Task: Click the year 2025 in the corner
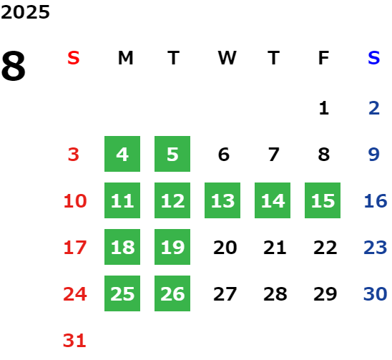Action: [25, 12]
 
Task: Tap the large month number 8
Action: [14, 66]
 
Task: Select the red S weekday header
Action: [74, 58]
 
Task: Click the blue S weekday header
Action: [374, 58]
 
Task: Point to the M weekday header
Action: [125, 58]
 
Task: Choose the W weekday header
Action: [227, 58]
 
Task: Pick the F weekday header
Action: [324, 58]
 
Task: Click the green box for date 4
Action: [122, 154]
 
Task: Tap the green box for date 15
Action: [323, 200]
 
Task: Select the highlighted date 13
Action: [222, 200]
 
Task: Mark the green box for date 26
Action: [172, 293]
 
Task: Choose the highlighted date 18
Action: [122, 247]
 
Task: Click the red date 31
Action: [74, 341]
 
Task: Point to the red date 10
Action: [75, 201]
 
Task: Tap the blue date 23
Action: [376, 248]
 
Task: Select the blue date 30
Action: [376, 294]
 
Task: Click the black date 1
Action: [324, 108]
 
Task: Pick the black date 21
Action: [275, 248]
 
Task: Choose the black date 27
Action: [225, 294]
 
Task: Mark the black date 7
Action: [274, 155]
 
